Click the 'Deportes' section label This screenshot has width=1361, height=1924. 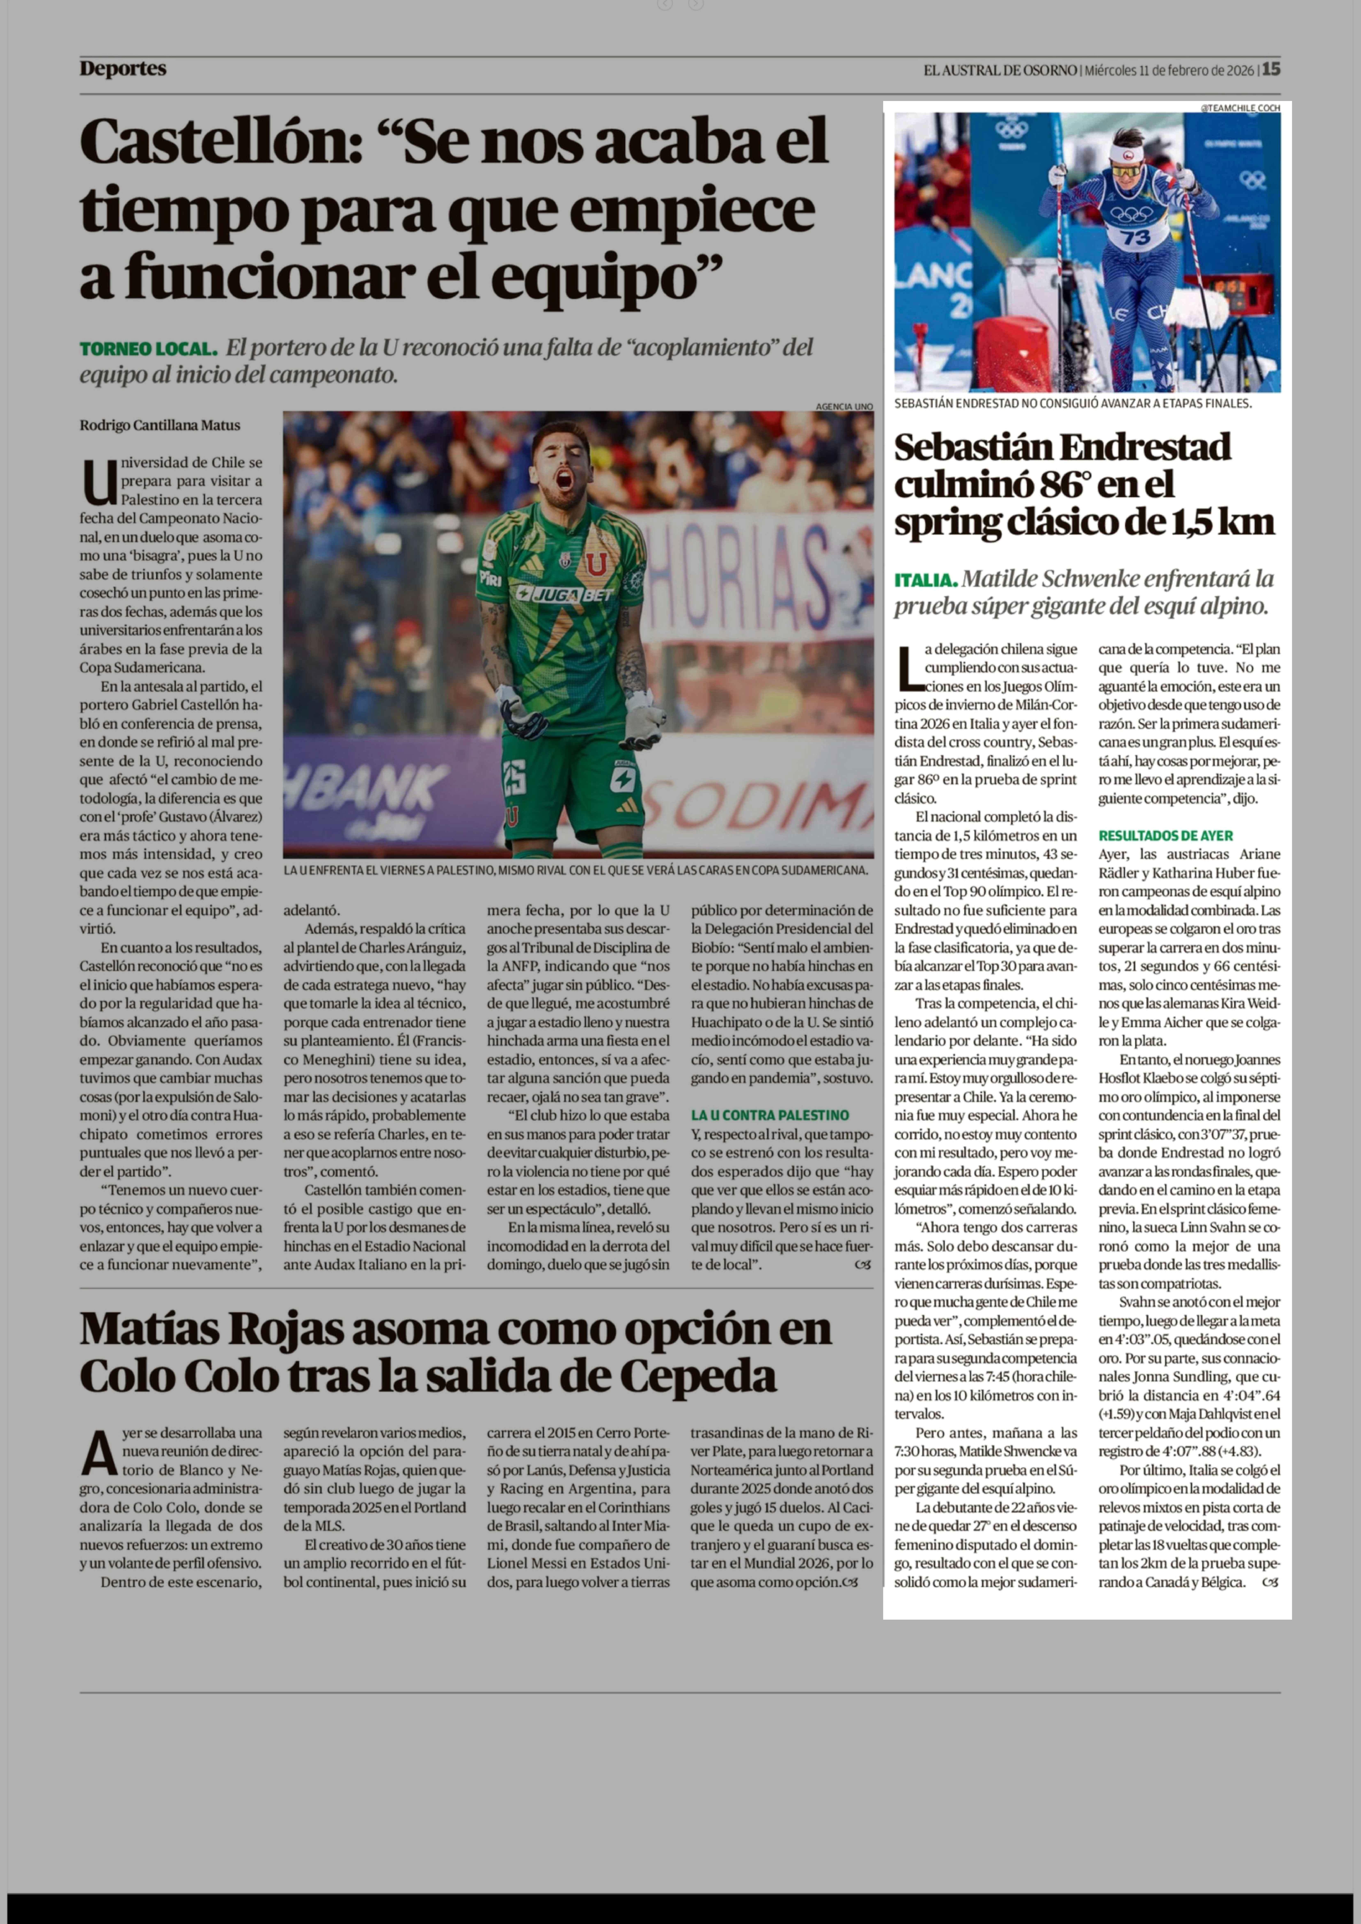123,69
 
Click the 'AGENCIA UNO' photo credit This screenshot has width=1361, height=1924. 844,406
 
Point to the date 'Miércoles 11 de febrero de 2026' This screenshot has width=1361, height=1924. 1169,70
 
